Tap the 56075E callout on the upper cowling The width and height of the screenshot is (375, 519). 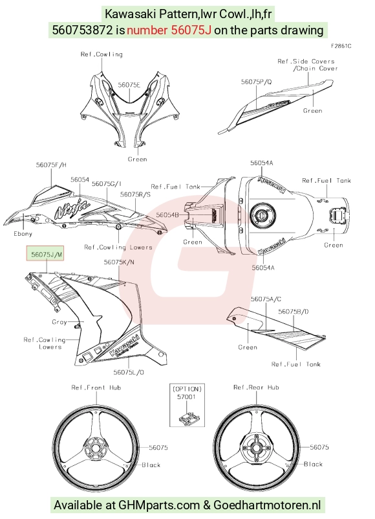tap(129, 85)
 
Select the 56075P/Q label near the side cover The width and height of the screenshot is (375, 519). tap(257, 82)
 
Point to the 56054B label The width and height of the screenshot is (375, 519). tap(167, 215)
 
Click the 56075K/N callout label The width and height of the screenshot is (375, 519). tap(119, 262)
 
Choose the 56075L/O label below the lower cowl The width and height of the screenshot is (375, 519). tap(129, 373)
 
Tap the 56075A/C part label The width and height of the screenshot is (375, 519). tap(266, 299)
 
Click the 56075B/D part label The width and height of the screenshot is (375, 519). tap(294, 312)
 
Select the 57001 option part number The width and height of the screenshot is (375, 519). tap(186, 397)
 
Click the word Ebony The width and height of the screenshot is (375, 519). tap(23, 234)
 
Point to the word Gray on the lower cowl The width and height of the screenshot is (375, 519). tap(59, 322)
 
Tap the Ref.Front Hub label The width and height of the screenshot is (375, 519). tap(96, 387)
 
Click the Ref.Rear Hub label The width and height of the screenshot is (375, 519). tap(256, 387)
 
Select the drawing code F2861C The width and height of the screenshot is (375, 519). tap(341, 46)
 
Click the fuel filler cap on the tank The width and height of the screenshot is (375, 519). tap(261, 214)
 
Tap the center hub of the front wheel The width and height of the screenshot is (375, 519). tap(96, 448)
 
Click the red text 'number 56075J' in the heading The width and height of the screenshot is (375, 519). tap(169, 30)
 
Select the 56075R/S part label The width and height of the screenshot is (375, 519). tap(136, 194)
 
